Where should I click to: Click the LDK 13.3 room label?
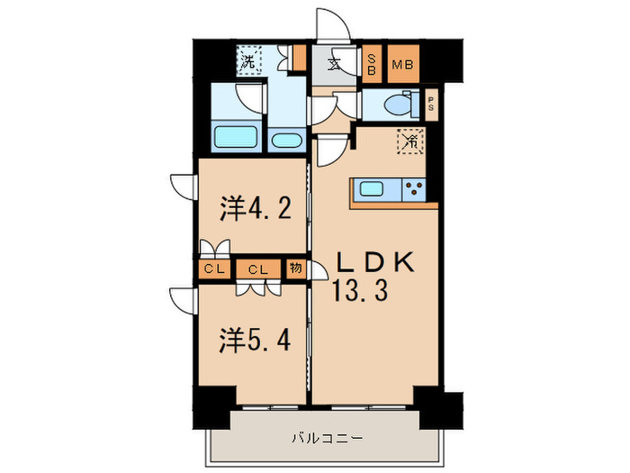click(x=375, y=276)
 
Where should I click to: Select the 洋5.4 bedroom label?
click(x=255, y=341)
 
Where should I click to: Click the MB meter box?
click(x=402, y=64)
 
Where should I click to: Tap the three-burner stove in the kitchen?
click(x=416, y=189)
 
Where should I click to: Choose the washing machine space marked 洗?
click(x=247, y=62)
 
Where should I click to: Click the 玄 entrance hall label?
click(x=334, y=64)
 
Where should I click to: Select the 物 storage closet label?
click(x=295, y=268)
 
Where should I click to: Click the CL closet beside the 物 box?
click(x=258, y=268)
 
